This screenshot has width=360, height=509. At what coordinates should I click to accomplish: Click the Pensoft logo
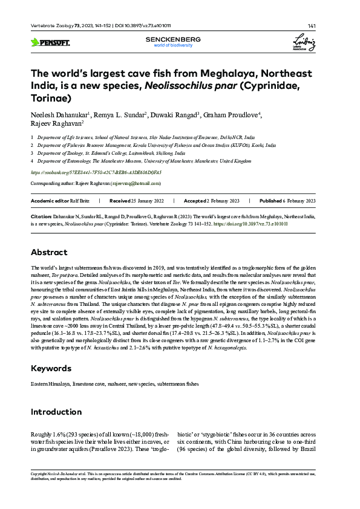50,42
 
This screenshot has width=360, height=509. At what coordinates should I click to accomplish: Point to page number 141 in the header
312,26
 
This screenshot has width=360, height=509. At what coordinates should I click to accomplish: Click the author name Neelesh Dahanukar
59,114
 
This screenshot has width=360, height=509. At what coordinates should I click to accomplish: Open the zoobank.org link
96,172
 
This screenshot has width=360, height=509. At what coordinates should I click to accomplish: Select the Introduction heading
57,412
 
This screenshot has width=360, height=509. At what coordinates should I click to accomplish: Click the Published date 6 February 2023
296,200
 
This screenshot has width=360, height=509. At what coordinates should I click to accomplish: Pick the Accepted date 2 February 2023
223,200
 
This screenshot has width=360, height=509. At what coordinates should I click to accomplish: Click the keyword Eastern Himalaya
50,384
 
